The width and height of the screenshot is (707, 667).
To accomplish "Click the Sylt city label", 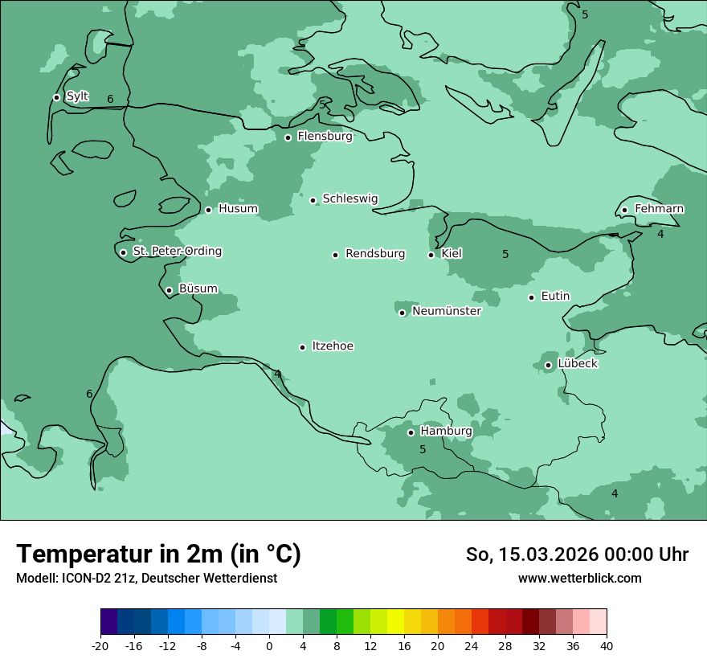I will (77, 96).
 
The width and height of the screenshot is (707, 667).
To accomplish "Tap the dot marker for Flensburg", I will (288, 137).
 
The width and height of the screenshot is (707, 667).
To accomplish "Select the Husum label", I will (238, 209).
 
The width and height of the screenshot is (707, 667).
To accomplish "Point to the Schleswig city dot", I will (313, 200).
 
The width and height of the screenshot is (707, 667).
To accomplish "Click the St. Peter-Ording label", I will (177, 252).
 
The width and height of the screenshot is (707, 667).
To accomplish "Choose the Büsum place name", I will (198, 288).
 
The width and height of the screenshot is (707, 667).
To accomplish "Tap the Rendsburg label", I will (375, 254).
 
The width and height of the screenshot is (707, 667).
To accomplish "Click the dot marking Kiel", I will (431, 255).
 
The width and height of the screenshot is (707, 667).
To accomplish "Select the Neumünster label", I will (446, 311).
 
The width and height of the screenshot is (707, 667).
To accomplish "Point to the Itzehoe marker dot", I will (302, 347).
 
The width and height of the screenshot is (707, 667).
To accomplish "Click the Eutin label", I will (555, 297).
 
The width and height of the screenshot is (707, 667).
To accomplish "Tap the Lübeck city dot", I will (548, 365).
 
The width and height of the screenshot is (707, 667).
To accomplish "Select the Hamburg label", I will (446, 431).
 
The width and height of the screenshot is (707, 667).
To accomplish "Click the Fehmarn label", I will (659, 209).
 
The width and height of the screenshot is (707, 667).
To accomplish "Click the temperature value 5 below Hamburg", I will (423, 450).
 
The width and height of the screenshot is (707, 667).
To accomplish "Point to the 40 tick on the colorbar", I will (607, 645).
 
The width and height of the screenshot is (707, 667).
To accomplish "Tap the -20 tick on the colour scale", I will (100, 645).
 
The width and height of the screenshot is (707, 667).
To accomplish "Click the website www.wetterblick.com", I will (579, 579).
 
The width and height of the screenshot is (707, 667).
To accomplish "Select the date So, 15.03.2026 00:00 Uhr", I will (577, 554).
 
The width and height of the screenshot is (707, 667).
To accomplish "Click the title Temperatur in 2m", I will (158, 554).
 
